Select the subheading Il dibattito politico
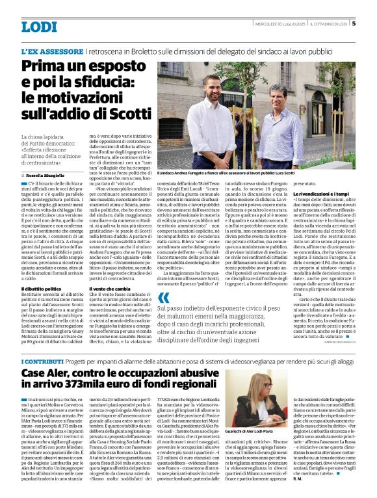[42, 288]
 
